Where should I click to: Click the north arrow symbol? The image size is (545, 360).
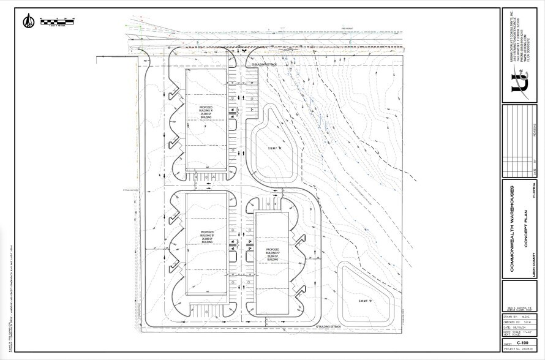(x=28, y=22)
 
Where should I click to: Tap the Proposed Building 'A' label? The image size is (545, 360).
(x=206, y=113)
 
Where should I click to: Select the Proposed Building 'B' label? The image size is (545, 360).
(x=206, y=237)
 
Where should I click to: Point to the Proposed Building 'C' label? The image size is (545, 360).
(x=272, y=254)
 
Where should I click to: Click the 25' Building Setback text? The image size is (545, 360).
(x=265, y=64)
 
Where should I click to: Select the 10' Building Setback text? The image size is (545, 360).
(x=326, y=328)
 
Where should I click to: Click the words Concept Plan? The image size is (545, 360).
(x=524, y=225)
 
